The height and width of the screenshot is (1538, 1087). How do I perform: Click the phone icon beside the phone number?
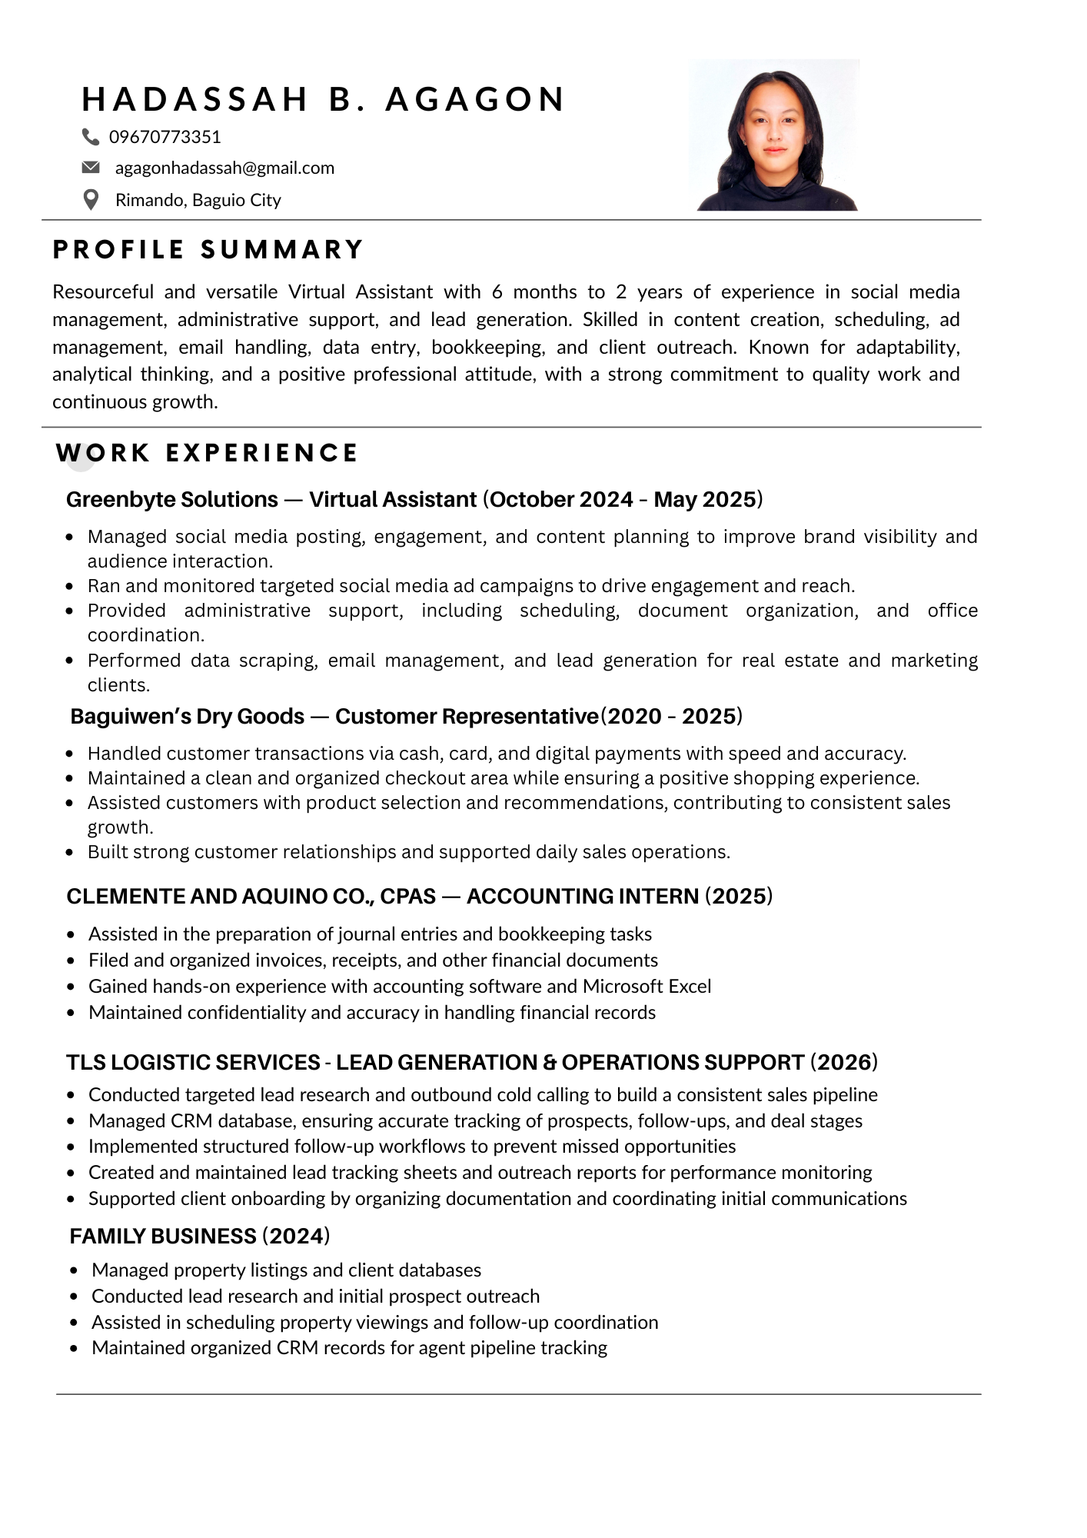pos(91,137)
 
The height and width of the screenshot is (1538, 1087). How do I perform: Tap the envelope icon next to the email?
pos(91,168)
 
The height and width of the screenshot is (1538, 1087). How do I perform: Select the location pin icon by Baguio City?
pos(91,200)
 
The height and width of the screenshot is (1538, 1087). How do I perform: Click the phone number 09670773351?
pos(165,137)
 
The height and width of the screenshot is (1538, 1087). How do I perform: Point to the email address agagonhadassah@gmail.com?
pos(224,168)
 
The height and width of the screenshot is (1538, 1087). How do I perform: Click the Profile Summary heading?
pos(208,250)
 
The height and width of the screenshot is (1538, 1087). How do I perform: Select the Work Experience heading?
pos(207,453)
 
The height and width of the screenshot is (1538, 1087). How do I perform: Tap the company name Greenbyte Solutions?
pos(172,500)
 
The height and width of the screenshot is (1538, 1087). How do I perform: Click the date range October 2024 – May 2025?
pos(623,500)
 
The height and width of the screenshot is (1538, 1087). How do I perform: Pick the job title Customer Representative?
pos(467,717)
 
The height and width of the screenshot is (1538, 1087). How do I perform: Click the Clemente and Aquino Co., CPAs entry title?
pos(251,897)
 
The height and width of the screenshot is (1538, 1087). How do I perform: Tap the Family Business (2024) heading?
pos(200,1237)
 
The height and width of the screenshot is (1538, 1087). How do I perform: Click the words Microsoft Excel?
pos(647,987)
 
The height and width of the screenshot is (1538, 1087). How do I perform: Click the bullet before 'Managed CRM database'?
pos(71,1121)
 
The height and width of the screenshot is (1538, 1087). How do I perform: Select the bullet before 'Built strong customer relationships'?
pos(71,852)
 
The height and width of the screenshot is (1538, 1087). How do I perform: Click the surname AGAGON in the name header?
pos(475,99)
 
